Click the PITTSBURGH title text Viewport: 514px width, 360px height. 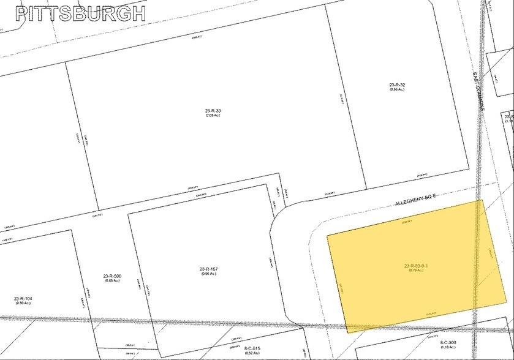point(80,13)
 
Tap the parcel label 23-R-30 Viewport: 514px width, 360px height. point(213,111)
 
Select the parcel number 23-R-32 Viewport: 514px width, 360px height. point(397,84)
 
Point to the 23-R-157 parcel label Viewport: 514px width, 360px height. point(209,269)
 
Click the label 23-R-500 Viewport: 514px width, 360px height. point(112,276)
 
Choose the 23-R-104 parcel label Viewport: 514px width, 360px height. point(23,298)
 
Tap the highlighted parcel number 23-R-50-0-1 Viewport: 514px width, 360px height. point(416,266)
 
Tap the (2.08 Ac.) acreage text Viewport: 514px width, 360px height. point(213,116)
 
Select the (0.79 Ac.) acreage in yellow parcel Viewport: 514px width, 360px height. point(416,271)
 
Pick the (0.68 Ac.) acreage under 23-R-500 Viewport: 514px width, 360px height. point(112,281)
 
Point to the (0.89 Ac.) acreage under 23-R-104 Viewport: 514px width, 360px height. point(23,302)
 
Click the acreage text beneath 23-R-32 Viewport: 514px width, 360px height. point(397,89)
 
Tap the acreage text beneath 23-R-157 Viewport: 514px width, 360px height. point(209,274)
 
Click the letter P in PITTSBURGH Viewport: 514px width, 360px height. point(22,13)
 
